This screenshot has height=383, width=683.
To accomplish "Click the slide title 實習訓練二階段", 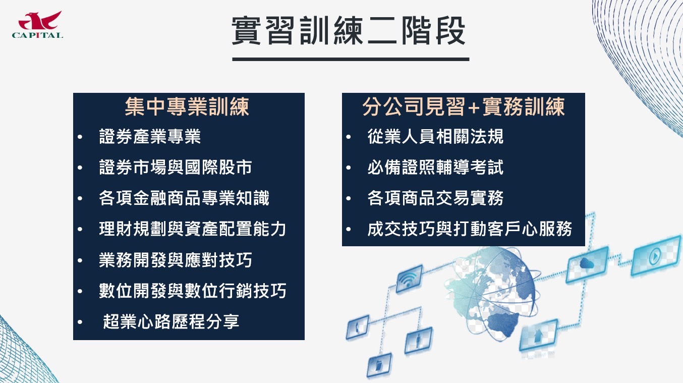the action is click(349, 31).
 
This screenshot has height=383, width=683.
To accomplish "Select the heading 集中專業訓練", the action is click(187, 107).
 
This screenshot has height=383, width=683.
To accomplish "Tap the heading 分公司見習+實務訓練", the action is click(464, 107).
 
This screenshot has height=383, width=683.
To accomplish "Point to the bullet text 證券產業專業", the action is click(150, 136).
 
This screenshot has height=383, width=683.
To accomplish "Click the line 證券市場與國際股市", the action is click(176, 167).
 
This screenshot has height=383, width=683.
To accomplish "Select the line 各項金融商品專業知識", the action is click(184, 198).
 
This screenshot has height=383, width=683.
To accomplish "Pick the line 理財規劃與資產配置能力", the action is click(192, 229).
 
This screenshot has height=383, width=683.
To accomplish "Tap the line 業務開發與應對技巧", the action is click(176, 260).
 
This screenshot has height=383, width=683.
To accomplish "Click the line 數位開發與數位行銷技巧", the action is click(192, 291).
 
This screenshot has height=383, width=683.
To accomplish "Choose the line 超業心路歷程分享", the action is click(171, 322).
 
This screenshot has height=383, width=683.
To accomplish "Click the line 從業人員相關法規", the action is click(435, 136).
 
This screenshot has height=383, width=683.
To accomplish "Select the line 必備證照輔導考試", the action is click(435, 167).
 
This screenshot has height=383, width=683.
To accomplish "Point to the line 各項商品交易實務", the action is click(435, 198).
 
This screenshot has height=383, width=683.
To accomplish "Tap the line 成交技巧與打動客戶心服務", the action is click(470, 229).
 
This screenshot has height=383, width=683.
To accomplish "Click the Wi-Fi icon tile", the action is click(409, 279).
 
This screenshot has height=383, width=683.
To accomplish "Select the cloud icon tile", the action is click(587, 264).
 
